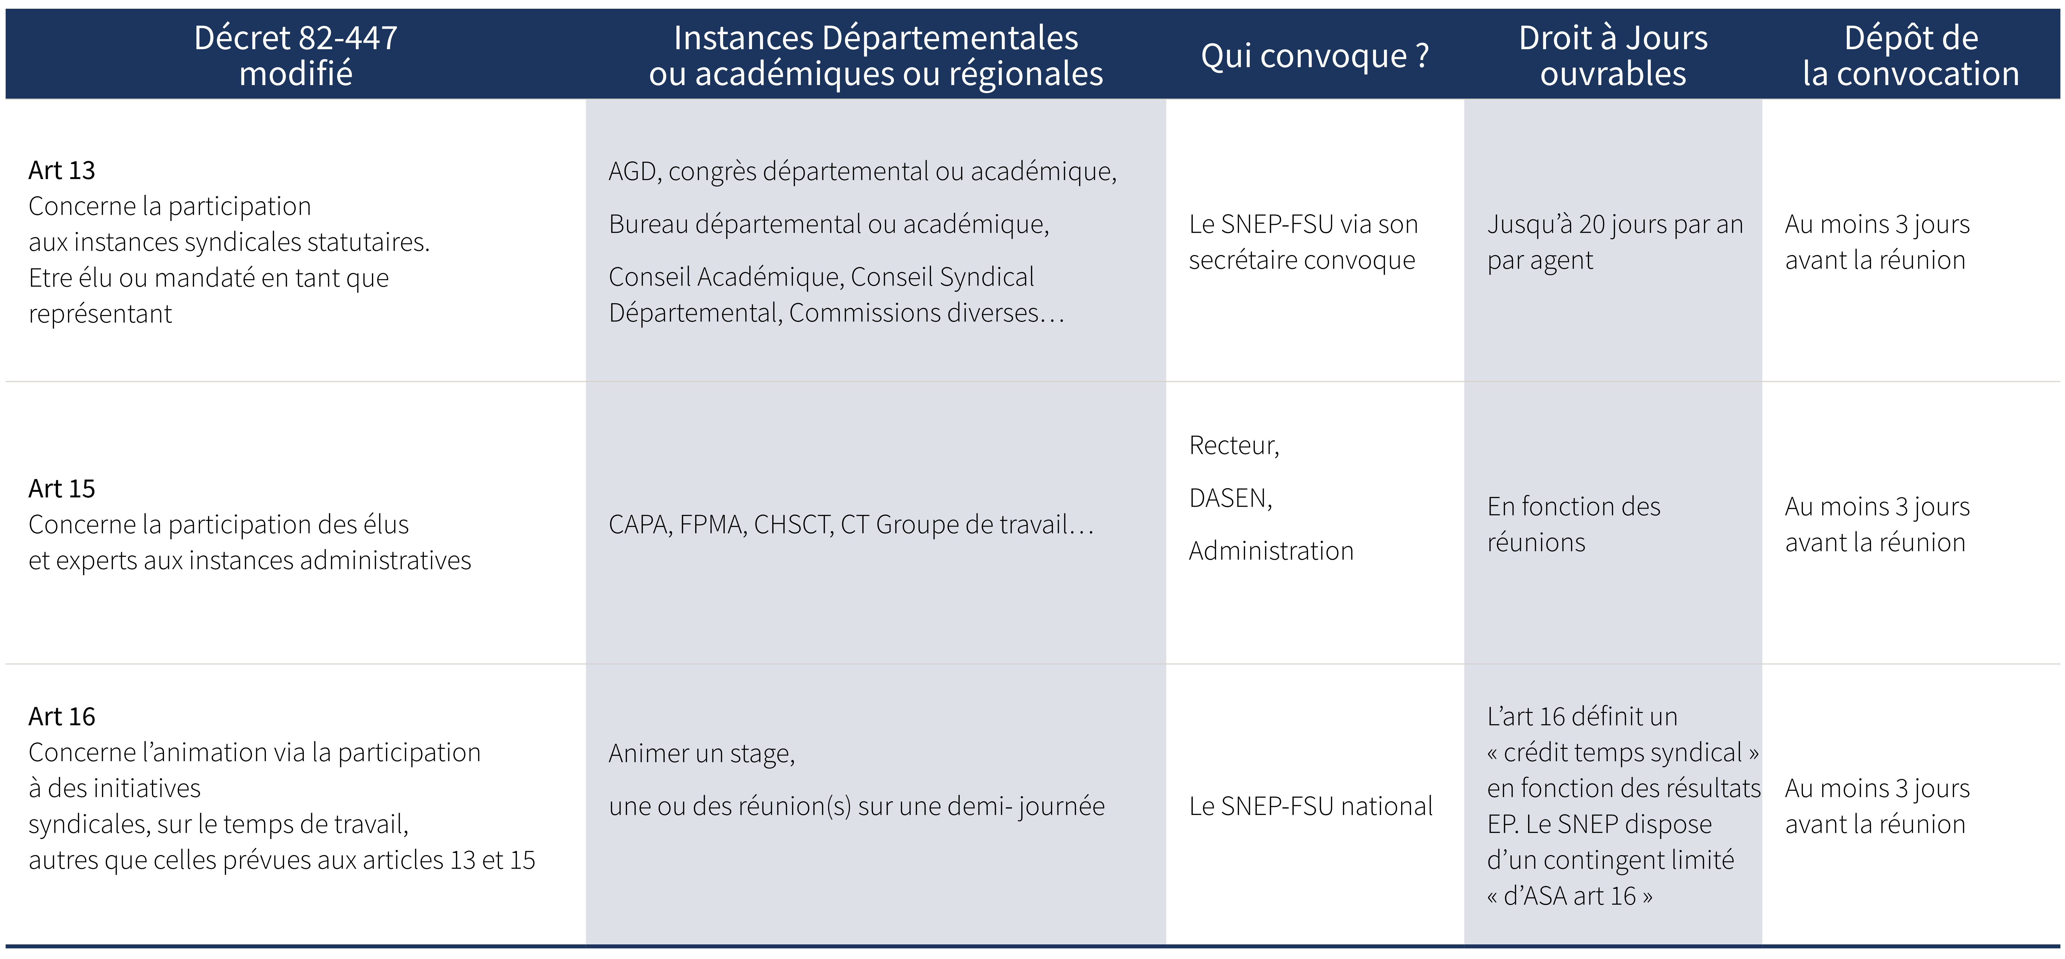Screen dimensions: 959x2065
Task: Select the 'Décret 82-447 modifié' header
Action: (296, 55)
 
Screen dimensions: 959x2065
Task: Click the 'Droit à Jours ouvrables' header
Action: (1613, 55)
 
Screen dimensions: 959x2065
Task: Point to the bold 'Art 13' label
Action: (62, 171)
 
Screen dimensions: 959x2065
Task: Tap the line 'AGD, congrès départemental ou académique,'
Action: (862, 172)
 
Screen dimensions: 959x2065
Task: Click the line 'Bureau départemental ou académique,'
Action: (828, 225)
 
